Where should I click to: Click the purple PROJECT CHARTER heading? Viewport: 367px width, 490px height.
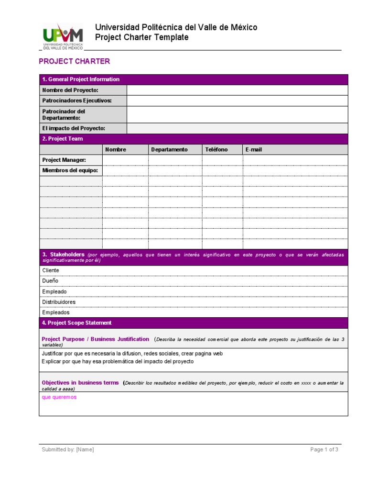tap(74, 61)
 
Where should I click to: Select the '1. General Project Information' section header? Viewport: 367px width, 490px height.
tap(81, 79)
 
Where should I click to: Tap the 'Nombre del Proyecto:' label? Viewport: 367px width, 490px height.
tap(70, 90)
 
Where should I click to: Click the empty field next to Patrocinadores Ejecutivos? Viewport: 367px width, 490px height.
tap(237, 100)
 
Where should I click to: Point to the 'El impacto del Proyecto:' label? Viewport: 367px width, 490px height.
tap(74, 128)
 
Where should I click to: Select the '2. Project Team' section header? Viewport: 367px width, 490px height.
tap(62, 139)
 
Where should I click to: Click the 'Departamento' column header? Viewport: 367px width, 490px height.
tap(169, 149)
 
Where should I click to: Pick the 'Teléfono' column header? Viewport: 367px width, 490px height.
tap(216, 149)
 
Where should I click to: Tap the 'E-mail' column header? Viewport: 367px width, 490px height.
tap(254, 149)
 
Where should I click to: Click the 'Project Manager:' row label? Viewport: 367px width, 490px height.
tap(65, 160)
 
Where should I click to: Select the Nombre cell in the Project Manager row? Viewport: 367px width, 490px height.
tap(125, 160)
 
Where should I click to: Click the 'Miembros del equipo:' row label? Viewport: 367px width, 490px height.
tap(70, 170)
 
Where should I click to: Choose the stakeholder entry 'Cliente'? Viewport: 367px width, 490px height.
tap(51, 270)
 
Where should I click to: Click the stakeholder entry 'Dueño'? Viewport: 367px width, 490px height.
tap(50, 281)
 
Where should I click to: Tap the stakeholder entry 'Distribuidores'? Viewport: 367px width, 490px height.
tap(59, 302)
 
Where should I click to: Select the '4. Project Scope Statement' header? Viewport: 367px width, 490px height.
tap(76, 323)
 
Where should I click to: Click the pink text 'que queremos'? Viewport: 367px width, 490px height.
tap(59, 397)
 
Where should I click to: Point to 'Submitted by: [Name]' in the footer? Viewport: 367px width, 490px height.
tap(68, 449)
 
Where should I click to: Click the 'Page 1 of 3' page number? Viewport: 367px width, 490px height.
tap(324, 449)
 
